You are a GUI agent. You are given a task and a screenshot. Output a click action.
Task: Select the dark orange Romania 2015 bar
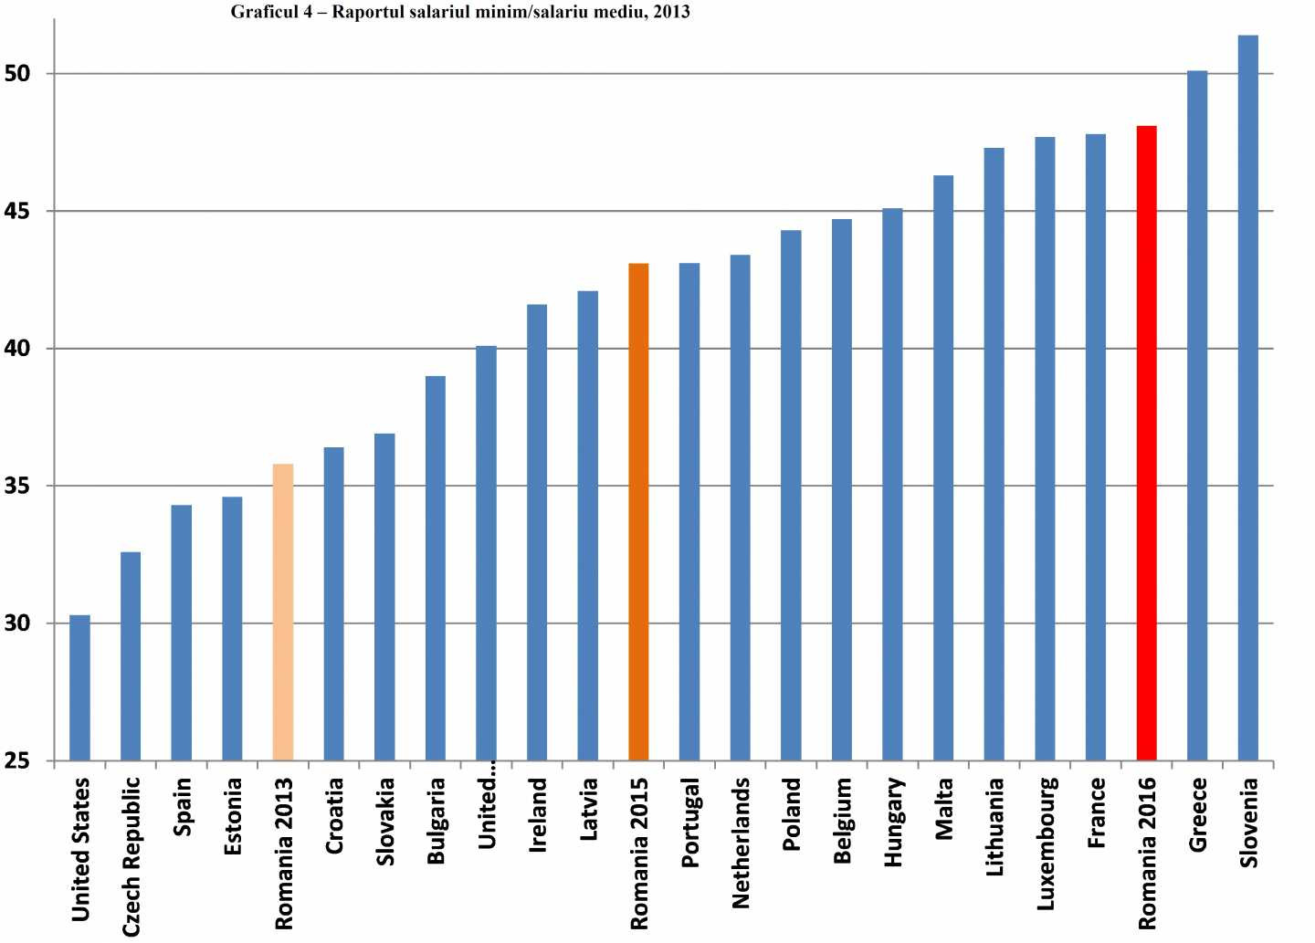coord(638,511)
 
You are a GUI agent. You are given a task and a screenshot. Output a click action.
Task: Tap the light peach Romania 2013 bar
coord(283,612)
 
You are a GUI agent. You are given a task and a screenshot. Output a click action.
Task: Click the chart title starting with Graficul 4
coord(460,13)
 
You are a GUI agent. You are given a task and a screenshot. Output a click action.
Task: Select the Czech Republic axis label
coord(131,856)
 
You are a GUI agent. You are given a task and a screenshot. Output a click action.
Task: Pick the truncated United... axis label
coord(487,812)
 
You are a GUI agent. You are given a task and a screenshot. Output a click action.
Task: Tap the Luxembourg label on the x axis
coord(1047,843)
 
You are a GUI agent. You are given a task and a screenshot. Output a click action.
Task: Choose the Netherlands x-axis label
coord(741,843)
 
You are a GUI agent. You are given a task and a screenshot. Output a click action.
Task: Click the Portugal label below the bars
coord(689,822)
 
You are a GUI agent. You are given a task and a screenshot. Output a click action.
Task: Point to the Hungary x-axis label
coord(893,822)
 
